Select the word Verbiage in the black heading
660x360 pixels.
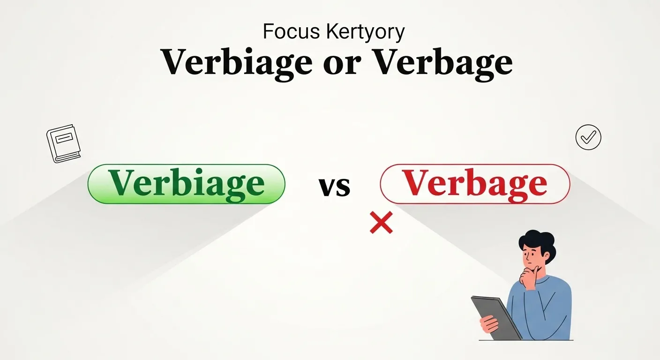point(236,62)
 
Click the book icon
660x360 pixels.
point(63,143)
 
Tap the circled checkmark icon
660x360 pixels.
point(588,137)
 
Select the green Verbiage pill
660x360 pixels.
point(187,184)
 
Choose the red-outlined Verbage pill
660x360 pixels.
point(475,184)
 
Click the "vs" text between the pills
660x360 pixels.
point(334,186)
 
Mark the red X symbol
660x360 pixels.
point(381,222)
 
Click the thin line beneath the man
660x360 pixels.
point(525,340)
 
